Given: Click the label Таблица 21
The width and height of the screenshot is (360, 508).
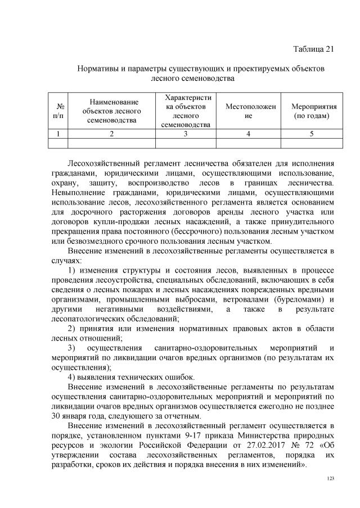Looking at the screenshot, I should (x=314, y=49).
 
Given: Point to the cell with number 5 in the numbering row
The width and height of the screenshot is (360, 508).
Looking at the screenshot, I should (x=312, y=134).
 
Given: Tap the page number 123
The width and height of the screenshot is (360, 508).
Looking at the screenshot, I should (x=330, y=478).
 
